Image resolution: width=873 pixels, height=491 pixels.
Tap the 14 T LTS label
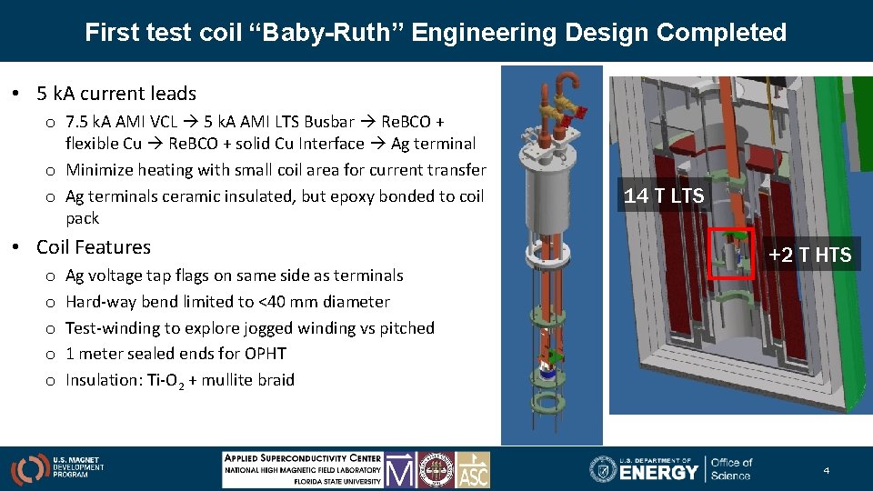point(664,195)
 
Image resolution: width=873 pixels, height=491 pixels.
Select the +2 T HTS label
point(809,256)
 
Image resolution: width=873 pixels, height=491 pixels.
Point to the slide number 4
point(826,470)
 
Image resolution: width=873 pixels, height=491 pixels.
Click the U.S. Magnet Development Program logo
point(56,468)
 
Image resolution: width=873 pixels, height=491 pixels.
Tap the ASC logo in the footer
point(473,469)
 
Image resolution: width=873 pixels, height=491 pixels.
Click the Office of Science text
point(731,469)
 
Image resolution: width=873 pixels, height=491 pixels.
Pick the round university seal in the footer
point(436,469)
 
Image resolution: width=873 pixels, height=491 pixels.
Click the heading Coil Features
point(94,247)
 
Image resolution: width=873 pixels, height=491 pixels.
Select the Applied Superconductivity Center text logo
point(302,469)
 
